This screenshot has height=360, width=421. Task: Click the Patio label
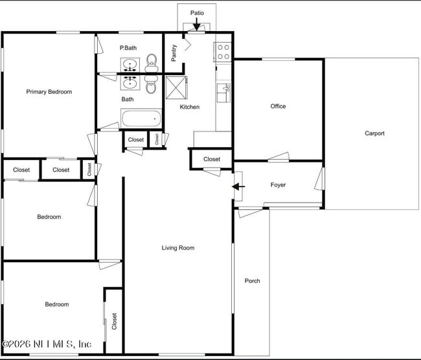point(197,13)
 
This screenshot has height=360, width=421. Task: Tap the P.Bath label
point(128,48)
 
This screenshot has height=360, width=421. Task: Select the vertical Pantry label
point(174,52)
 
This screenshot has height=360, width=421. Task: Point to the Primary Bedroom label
point(49,92)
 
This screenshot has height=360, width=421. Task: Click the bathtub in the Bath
point(141,118)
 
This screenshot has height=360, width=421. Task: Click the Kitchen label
point(190,107)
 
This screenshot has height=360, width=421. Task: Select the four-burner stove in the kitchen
point(223,52)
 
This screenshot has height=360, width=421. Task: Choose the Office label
point(278,106)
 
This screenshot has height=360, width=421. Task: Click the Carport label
point(374,134)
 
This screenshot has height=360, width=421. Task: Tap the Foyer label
point(278,185)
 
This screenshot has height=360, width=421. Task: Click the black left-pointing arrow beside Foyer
point(238,187)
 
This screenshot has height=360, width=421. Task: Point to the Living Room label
point(178,248)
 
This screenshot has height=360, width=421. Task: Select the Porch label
point(253,281)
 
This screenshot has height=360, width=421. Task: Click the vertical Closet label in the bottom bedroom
point(114,321)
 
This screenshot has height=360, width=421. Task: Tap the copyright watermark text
point(47,344)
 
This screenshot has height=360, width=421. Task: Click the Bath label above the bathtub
point(128,99)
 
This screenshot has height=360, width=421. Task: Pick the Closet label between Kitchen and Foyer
point(212,159)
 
